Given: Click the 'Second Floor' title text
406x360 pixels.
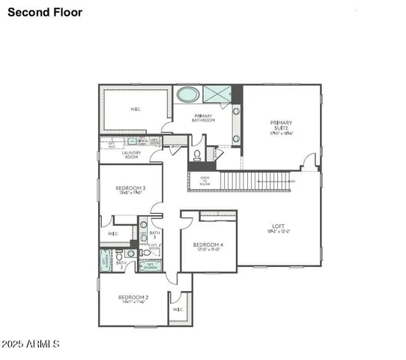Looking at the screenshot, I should point(45,12).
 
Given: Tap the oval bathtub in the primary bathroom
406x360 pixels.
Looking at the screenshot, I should point(188,95).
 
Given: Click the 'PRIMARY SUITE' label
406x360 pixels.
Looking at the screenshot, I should point(281,127).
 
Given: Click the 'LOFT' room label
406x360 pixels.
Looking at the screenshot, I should point(279,226).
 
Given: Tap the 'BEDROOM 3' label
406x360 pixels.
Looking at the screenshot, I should point(130,189).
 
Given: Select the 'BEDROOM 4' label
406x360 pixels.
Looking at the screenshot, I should point(207,246).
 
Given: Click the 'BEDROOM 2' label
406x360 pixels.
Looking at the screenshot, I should point(133,298).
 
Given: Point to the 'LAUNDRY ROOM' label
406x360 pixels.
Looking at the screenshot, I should point(131,155).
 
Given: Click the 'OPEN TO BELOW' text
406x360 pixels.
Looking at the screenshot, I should point(204,180).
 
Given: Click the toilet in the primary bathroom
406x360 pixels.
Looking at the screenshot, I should point(196,155).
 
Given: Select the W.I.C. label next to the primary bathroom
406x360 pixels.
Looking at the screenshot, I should point(136,109).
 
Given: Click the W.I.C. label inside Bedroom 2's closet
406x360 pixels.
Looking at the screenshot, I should point(178,308).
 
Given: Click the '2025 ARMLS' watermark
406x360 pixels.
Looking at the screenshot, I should point(31,343).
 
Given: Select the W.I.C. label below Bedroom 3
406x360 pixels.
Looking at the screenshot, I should point(113,234).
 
